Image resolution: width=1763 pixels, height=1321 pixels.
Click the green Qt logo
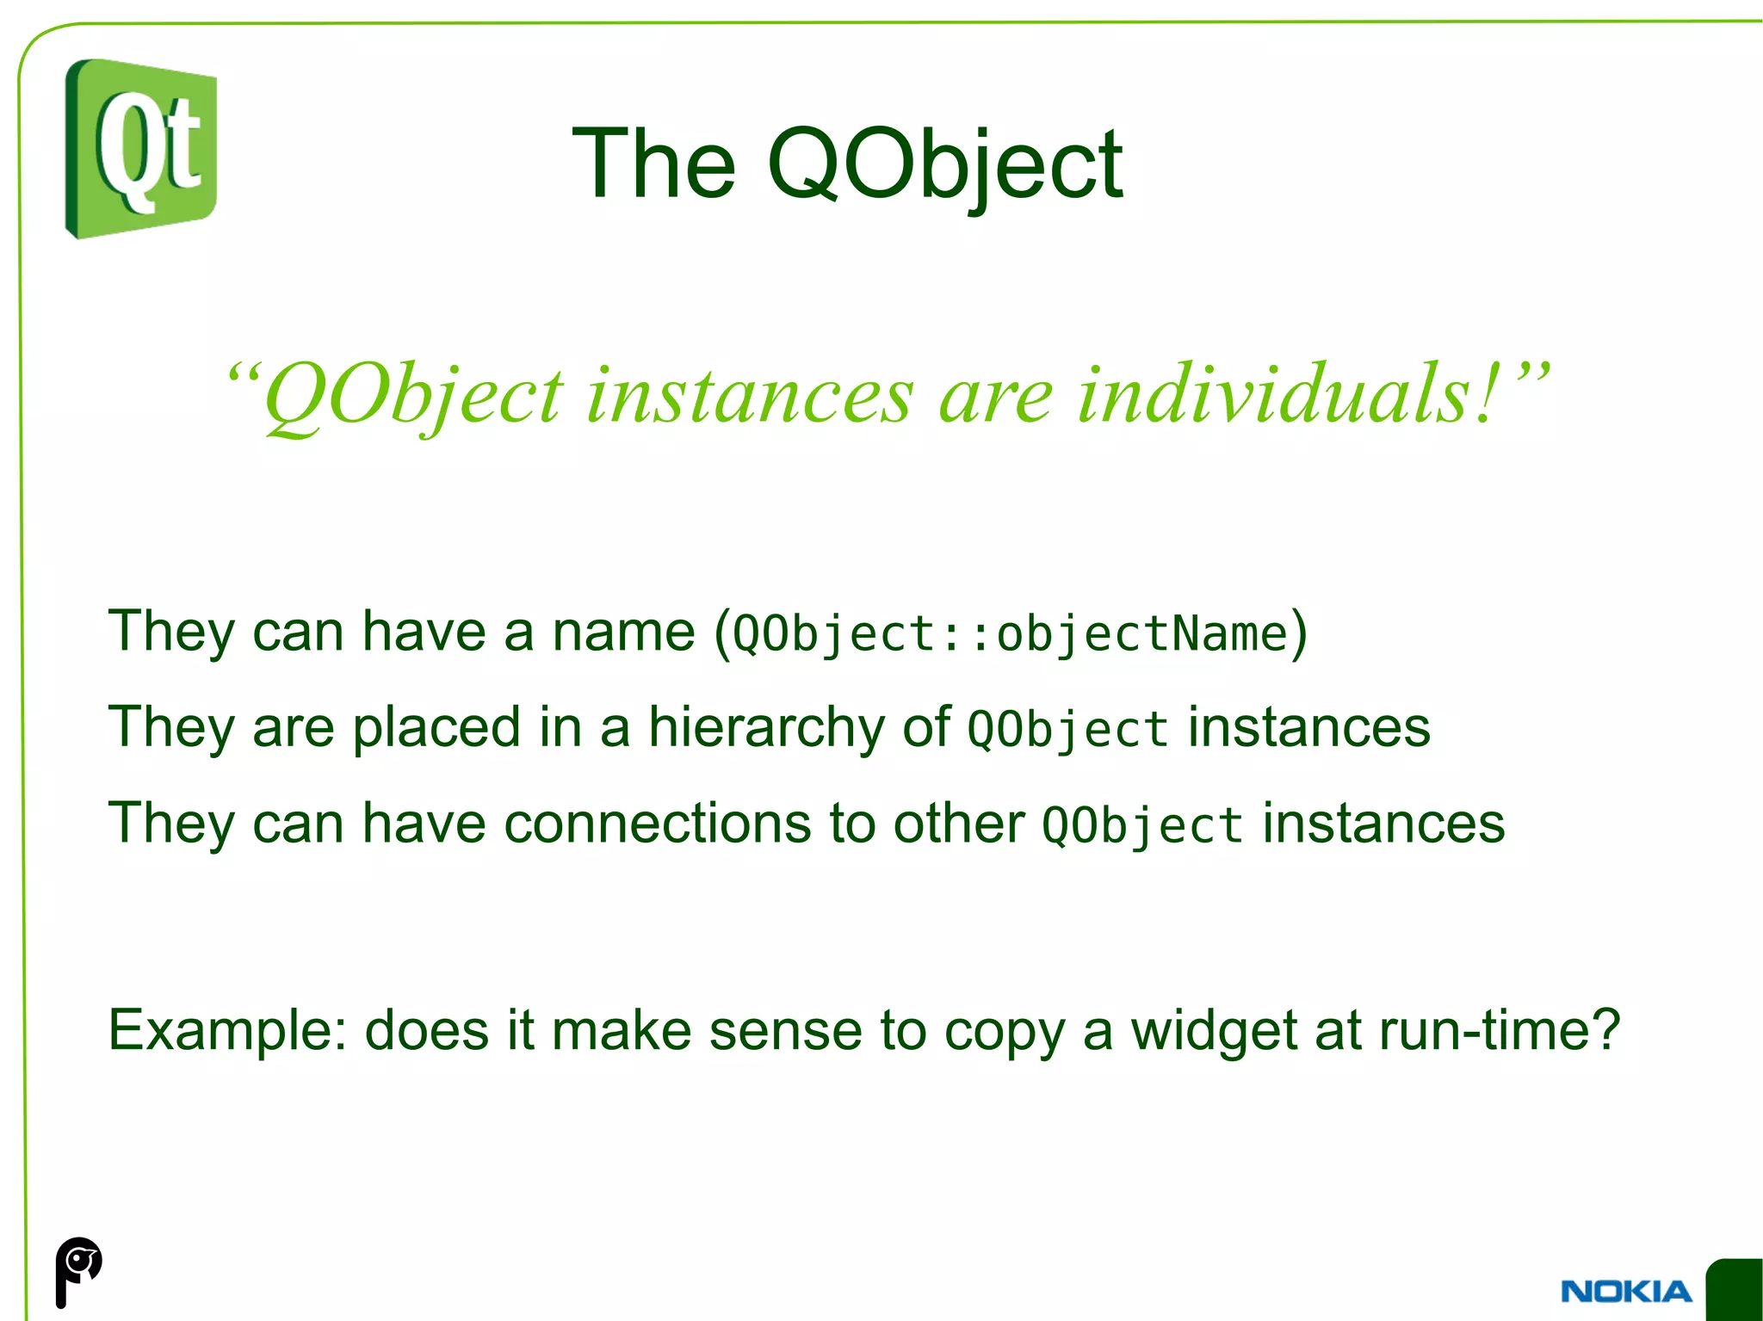point(141,149)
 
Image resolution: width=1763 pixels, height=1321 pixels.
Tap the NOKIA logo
point(1625,1291)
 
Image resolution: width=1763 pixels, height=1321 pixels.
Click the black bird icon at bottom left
point(77,1270)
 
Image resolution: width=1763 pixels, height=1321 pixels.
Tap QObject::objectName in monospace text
point(1010,634)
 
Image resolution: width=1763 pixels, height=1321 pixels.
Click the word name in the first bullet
point(623,631)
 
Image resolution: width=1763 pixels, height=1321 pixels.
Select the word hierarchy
point(765,728)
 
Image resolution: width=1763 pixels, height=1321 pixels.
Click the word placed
point(436,727)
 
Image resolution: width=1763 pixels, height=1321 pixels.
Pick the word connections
point(658,823)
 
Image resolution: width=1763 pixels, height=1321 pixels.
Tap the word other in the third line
point(959,823)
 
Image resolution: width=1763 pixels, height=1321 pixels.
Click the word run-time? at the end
point(1500,1030)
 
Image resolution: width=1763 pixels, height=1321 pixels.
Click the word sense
point(785,1030)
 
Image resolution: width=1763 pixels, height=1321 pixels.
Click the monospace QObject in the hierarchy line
point(1067,730)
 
